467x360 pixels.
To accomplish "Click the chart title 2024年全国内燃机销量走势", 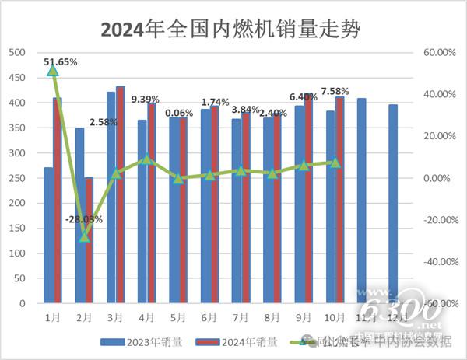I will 233,30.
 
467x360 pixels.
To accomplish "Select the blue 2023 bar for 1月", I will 48,236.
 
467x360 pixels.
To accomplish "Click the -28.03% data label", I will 85,220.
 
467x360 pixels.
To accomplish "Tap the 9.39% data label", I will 146,99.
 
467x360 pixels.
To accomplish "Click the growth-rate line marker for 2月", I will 85,236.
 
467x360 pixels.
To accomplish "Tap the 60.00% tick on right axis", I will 438,52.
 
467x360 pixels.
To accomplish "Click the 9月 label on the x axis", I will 304,317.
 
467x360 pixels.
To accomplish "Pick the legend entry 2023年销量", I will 141,341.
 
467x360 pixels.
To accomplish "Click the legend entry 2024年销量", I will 233,341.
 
